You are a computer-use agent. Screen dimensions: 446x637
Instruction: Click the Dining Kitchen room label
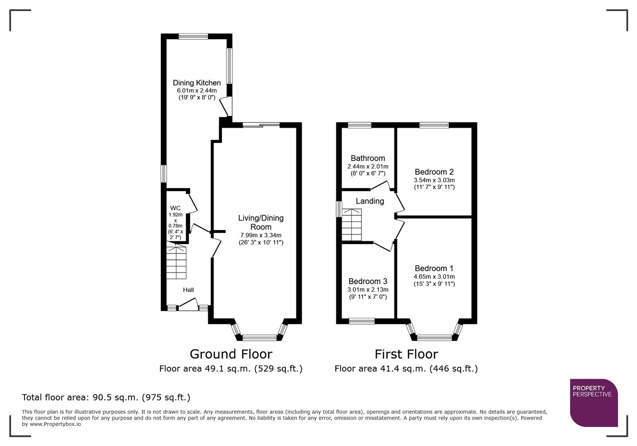(x=196, y=83)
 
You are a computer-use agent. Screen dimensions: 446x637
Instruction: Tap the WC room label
(x=175, y=208)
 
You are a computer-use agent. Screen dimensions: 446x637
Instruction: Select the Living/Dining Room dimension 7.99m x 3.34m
(x=261, y=235)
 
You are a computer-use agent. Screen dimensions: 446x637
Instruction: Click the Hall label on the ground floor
(x=188, y=290)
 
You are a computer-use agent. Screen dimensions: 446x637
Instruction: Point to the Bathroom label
(x=368, y=158)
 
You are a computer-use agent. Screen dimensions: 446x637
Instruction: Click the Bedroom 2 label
(x=434, y=172)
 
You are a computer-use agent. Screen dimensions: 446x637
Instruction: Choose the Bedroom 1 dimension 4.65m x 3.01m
(x=434, y=277)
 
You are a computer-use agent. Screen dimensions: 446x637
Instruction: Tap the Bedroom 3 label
(x=368, y=281)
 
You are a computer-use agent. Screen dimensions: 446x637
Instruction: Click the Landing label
(x=370, y=201)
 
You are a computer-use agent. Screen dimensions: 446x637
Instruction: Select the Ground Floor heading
(x=231, y=354)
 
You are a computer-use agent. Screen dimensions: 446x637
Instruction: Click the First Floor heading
(x=406, y=354)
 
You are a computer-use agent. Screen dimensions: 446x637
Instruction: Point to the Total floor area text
(x=106, y=397)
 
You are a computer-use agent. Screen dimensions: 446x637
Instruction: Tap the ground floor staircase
(x=177, y=263)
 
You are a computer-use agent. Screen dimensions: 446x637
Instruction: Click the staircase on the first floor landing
(x=352, y=225)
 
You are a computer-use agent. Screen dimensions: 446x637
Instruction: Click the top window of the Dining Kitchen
(x=193, y=36)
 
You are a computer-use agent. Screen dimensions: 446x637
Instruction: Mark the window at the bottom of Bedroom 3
(x=362, y=321)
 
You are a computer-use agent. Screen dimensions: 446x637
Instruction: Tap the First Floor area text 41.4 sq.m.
(x=406, y=368)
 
